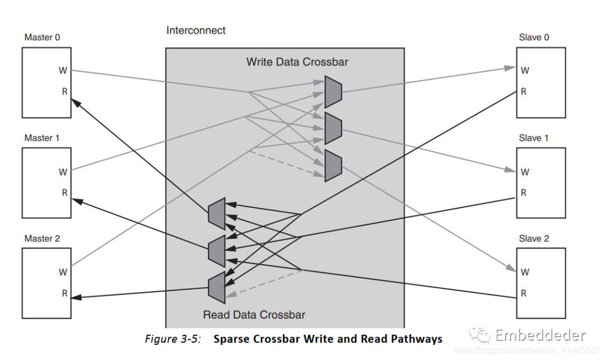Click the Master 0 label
pyautogui.click(x=42, y=38)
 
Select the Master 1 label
pyautogui.click(x=42, y=138)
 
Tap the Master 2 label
pyautogui.click(x=42, y=239)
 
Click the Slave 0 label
pyautogui.click(x=534, y=38)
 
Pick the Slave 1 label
pyautogui.click(x=534, y=138)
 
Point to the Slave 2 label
pyautogui.click(x=534, y=239)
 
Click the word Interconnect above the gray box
pyautogui.click(x=196, y=30)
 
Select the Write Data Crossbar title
pyautogui.click(x=297, y=62)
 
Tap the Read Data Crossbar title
pyautogui.click(x=254, y=315)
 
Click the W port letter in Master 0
pyautogui.click(x=63, y=71)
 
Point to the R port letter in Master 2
pyautogui.click(x=64, y=293)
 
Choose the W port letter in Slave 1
pyautogui.click(x=525, y=172)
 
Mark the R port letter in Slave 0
pyautogui.click(x=524, y=92)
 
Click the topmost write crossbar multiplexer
pyautogui.click(x=333, y=92)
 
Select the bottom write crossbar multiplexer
pyautogui.click(x=333, y=166)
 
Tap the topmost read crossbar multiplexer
pyautogui.click(x=216, y=213)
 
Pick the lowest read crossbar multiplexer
pyautogui.click(x=216, y=287)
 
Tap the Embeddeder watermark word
pyautogui.click(x=540, y=335)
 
